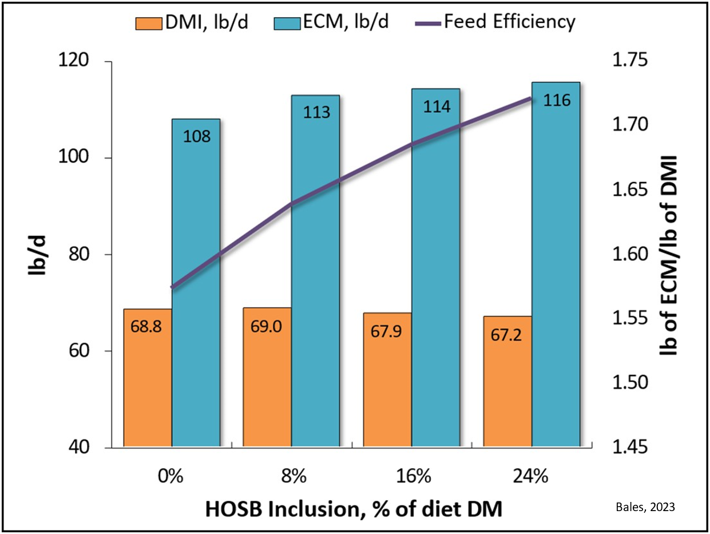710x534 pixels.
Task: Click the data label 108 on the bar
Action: click(x=197, y=136)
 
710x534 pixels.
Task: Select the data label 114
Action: click(x=436, y=106)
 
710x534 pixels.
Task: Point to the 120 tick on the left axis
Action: click(x=92, y=61)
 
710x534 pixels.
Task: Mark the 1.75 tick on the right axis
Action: click(x=628, y=61)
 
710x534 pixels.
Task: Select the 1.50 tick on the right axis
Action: click(x=628, y=383)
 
